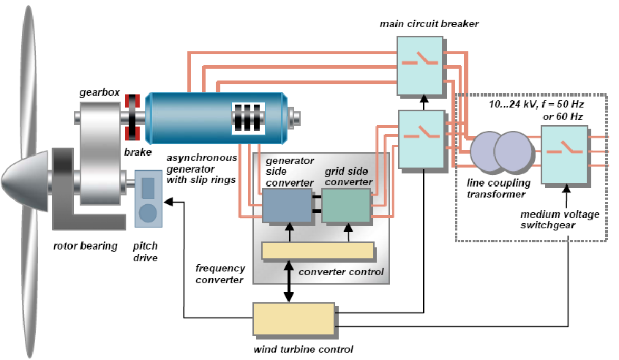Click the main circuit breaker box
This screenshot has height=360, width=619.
421,65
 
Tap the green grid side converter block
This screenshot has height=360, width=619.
346,204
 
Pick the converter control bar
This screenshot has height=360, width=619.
318,250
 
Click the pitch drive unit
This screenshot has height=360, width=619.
148,199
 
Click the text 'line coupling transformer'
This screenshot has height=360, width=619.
498,188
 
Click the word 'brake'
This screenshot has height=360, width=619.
138,152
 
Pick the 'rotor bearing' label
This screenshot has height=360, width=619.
86,246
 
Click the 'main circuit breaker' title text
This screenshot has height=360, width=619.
429,23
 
